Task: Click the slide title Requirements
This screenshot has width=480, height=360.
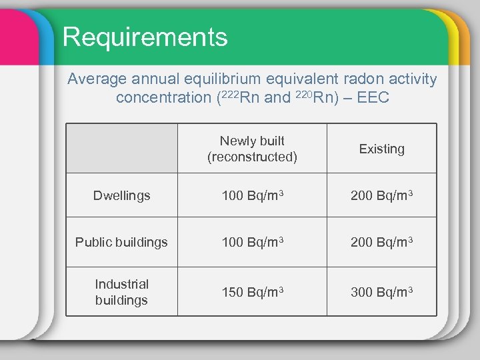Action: [x=145, y=37]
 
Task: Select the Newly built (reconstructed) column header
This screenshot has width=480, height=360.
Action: [x=252, y=149]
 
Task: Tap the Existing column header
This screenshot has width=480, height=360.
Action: [x=381, y=149]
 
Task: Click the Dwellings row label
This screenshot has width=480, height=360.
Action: [x=121, y=195]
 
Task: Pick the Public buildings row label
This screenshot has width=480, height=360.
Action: [x=121, y=242]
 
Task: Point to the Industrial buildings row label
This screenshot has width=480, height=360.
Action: [x=121, y=292]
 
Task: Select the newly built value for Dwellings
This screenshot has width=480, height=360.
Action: [x=252, y=195]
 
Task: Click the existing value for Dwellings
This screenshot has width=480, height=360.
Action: [x=381, y=195]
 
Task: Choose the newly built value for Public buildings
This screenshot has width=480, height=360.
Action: [x=252, y=242]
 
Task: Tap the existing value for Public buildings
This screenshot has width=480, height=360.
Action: [x=381, y=242]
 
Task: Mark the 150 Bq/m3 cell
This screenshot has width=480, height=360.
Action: [x=252, y=292]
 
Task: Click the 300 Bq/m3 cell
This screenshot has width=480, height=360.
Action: [x=381, y=292]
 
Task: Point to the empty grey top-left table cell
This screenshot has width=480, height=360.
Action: [x=121, y=149]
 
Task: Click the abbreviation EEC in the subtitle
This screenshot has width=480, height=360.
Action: [x=373, y=98]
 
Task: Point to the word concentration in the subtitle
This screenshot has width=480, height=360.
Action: [x=163, y=98]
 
